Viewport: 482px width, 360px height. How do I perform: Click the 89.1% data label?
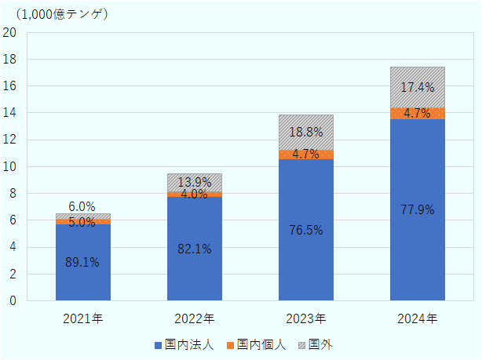[x=82, y=263]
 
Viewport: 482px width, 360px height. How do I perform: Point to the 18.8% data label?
[x=306, y=133]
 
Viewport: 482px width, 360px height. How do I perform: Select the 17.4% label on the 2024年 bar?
[x=418, y=88]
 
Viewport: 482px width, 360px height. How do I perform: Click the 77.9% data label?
[x=418, y=209]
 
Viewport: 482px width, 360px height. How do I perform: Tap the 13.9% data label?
[x=194, y=183]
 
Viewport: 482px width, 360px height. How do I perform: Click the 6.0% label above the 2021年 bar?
[x=82, y=207]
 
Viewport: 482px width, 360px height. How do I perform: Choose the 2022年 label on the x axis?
[x=194, y=319]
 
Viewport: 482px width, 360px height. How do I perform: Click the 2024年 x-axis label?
[x=418, y=319]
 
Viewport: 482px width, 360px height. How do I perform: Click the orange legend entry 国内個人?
[x=256, y=344]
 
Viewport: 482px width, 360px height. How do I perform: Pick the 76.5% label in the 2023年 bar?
[x=306, y=231]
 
